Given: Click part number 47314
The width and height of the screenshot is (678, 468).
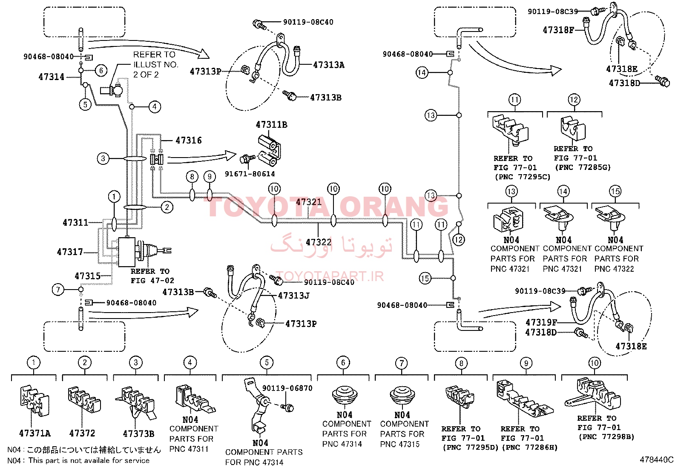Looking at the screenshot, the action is pyautogui.click(x=52, y=77).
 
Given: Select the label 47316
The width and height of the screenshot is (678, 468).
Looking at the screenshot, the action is pyautogui.click(x=189, y=141).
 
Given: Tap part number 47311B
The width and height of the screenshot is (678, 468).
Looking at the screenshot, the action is pyautogui.click(x=272, y=125).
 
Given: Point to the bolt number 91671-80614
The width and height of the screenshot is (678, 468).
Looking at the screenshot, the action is pyautogui.click(x=250, y=174).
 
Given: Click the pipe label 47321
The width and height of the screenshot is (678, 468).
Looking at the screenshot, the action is pyautogui.click(x=308, y=202).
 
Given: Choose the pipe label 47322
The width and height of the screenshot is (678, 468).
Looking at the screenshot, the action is pyautogui.click(x=319, y=242).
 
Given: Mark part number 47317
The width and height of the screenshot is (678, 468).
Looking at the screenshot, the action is pyautogui.click(x=70, y=252).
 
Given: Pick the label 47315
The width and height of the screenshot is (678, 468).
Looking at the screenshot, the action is pyautogui.click(x=87, y=276).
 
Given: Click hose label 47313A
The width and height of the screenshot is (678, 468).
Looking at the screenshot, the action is pyautogui.click(x=329, y=65).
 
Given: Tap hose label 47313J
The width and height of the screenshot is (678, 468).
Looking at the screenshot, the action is pyautogui.click(x=293, y=296).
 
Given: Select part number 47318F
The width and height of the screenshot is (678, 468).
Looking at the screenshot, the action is pyautogui.click(x=558, y=30).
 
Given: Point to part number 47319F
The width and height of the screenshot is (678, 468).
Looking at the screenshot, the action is pyautogui.click(x=541, y=322).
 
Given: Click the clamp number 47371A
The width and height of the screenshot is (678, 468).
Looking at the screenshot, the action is pyautogui.click(x=35, y=434).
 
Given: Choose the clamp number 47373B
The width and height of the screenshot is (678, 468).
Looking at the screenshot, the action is pyautogui.click(x=138, y=434).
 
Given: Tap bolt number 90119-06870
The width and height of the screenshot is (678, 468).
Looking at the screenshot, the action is pyautogui.click(x=287, y=388).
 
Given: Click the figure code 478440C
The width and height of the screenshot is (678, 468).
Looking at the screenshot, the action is pyautogui.click(x=657, y=459).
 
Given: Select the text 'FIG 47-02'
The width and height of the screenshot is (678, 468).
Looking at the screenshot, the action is pyautogui.click(x=152, y=281).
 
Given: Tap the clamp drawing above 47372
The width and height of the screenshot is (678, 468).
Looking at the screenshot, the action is pyautogui.click(x=84, y=399).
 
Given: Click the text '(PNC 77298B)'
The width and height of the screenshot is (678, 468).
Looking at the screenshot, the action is pyautogui.click(x=606, y=437).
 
